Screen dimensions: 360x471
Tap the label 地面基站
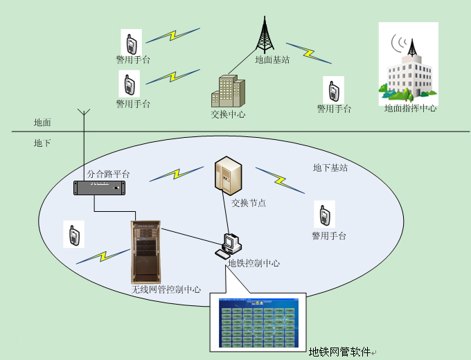click(272, 60)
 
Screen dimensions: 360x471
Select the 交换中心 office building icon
click(227, 91)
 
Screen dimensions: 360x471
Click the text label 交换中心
click(228, 115)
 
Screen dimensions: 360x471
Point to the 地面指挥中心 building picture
click(409, 66)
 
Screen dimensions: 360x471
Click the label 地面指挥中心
click(411, 109)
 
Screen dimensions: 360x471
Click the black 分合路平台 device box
click(102, 187)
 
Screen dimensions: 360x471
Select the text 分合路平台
click(108, 174)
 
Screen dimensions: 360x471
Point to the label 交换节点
click(249, 203)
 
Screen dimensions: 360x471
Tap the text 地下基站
click(330, 168)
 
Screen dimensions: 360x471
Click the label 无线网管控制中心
click(166, 289)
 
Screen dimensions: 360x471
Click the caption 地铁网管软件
click(339, 352)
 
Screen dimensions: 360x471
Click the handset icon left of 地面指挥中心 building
click(333, 90)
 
